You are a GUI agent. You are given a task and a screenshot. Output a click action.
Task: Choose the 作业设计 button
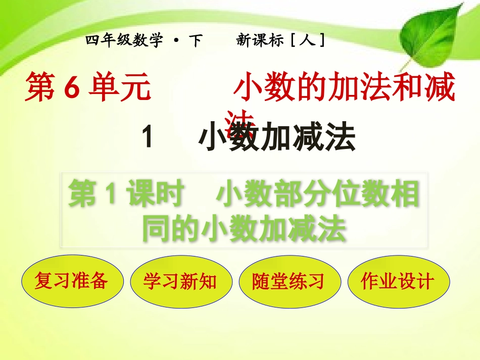[x=398, y=280]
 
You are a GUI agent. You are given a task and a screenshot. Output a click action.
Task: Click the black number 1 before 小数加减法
[x=148, y=138]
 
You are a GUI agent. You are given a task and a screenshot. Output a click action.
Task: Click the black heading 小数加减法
[x=277, y=138]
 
